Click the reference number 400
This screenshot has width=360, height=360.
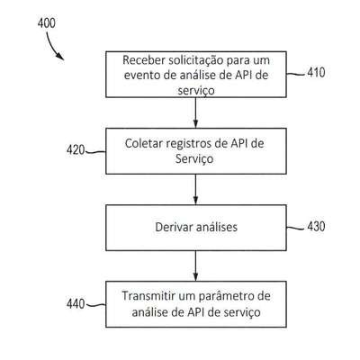(47, 23)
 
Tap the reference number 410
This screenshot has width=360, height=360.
(316, 73)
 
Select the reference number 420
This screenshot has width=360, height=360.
(76, 149)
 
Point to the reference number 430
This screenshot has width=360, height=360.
(316, 226)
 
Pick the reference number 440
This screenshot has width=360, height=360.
(76, 304)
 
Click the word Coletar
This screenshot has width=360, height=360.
(143, 143)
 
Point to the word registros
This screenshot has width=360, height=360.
(189, 144)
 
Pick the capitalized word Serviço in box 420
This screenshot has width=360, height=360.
(194, 159)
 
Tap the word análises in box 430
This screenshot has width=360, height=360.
(217, 227)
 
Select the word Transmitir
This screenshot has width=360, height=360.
(148, 296)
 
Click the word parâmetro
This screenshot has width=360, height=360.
(221, 297)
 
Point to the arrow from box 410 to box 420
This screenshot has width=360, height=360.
(195, 112)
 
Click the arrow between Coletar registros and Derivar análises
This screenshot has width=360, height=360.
(195, 189)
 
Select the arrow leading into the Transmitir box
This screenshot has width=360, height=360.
(195, 265)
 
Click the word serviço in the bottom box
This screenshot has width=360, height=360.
(242, 312)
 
